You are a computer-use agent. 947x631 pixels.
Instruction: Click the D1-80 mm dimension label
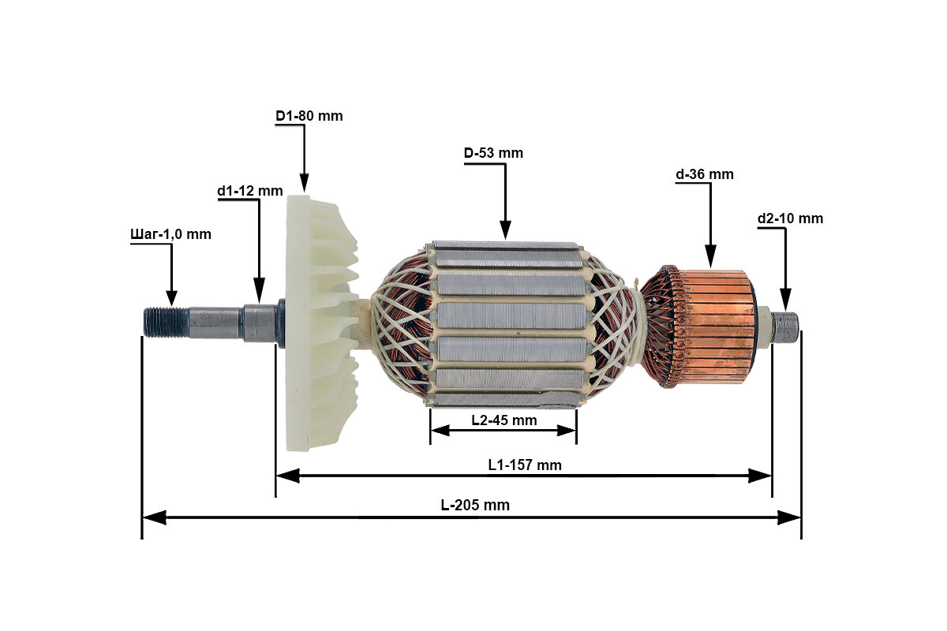(x=309, y=116)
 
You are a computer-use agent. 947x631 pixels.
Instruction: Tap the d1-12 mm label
(x=249, y=191)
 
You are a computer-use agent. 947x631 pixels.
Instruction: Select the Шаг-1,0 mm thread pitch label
(x=170, y=234)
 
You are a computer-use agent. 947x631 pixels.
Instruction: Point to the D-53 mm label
(x=493, y=153)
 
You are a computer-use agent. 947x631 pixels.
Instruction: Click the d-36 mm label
(x=704, y=174)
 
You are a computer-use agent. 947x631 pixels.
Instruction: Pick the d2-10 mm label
(x=790, y=218)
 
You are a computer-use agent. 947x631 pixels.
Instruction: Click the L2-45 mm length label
(x=503, y=420)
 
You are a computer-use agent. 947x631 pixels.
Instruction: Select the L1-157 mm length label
(x=524, y=465)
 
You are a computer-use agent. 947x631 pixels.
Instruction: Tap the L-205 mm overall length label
(x=475, y=506)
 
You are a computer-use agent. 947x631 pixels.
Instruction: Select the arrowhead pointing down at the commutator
(x=710, y=256)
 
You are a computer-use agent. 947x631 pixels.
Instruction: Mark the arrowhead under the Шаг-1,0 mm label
(x=170, y=297)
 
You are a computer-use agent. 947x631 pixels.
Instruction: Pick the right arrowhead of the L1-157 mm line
(x=761, y=476)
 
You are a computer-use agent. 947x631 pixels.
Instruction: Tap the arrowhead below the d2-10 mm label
(x=784, y=300)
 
